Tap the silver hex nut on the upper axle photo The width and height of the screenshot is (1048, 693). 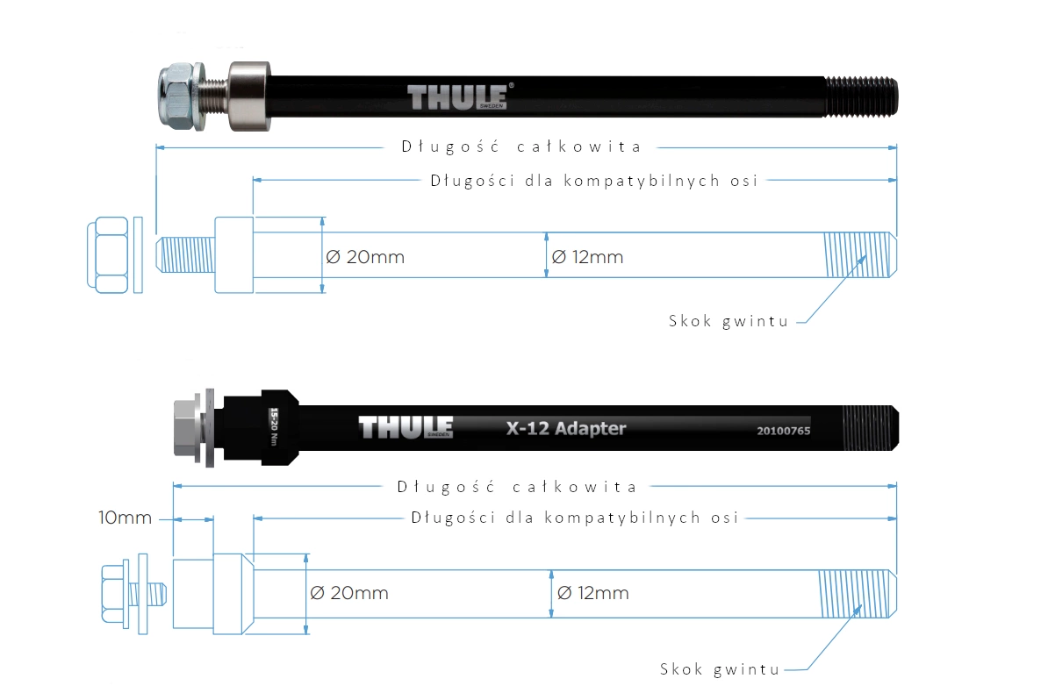pos(178,96)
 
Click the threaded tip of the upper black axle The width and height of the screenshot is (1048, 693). pos(862,96)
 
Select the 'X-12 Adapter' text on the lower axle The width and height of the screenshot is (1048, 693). pos(566,428)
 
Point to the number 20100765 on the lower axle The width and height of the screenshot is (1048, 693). pos(783,431)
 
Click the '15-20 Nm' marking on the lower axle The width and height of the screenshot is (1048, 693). pos(273,427)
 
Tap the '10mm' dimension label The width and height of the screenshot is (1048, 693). pos(125,518)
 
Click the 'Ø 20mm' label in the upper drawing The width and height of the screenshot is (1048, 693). pos(366,257)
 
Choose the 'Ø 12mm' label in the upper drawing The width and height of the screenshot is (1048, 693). pos(587,257)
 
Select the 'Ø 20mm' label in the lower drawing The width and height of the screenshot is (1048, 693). pos(349,593)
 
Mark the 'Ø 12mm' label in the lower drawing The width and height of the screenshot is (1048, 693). pos(592,593)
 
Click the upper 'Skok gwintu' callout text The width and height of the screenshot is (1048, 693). pos(729,321)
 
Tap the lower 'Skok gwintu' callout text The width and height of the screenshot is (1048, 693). pos(720,669)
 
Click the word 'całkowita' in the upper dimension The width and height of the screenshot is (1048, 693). pos(578,146)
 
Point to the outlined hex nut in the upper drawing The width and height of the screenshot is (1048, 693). pos(108,254)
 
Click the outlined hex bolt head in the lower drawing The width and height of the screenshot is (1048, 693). pos(114,594)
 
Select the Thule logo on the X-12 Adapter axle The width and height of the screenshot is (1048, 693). pos(406,428)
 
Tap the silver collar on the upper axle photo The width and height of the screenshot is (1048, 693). pos(249,96)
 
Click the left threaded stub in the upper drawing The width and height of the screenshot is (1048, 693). pos(185,254)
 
